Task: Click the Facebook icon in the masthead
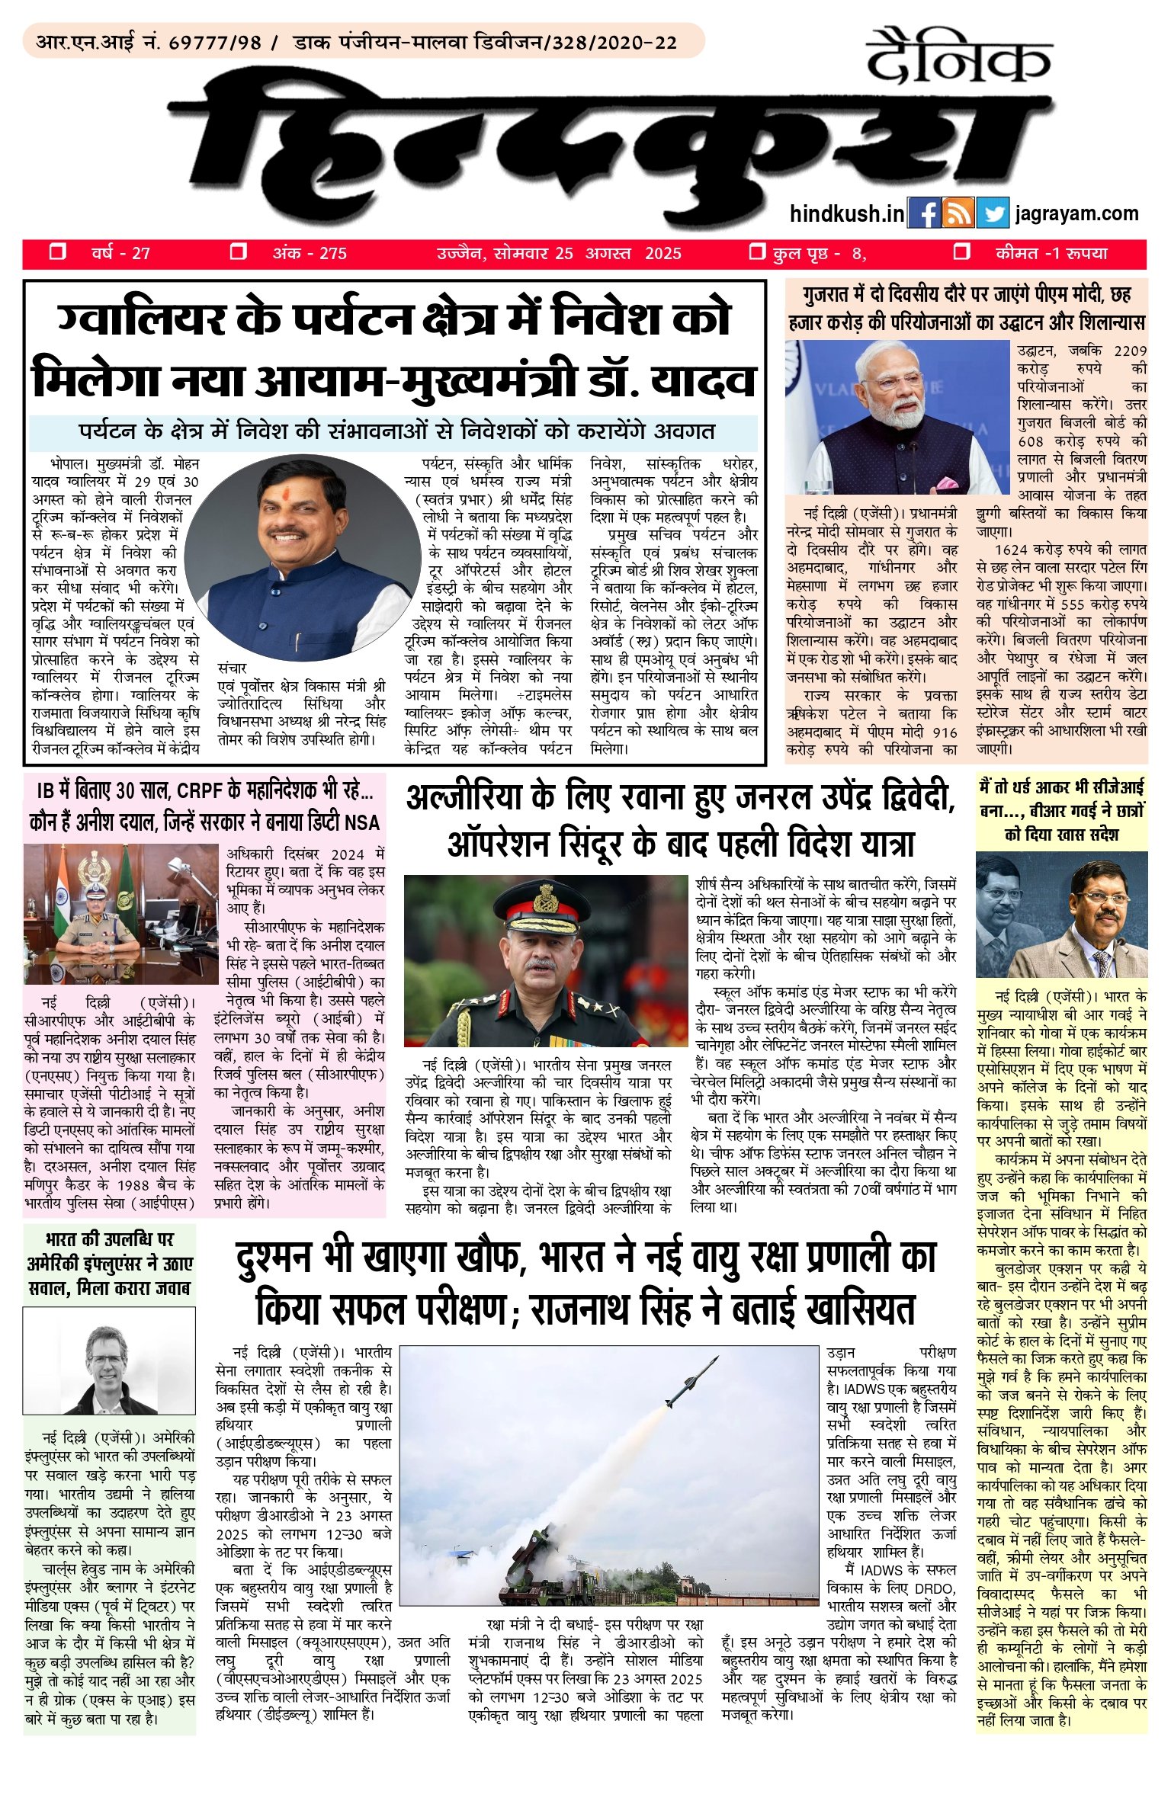(x=925, y=214)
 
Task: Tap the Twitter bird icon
(x=993, y=214)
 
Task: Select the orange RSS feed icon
(x=958, y=214)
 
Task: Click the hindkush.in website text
(x=847, y=214)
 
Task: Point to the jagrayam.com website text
(x=1076, y=214)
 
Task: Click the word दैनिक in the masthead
(x=959, y=57)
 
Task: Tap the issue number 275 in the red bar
(x=332, y=254)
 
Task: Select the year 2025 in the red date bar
(x=662, y=254)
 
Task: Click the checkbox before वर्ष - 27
(x=57, y=252)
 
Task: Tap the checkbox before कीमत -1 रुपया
(x=962, y=252)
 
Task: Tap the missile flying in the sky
(x=691, y=1380)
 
